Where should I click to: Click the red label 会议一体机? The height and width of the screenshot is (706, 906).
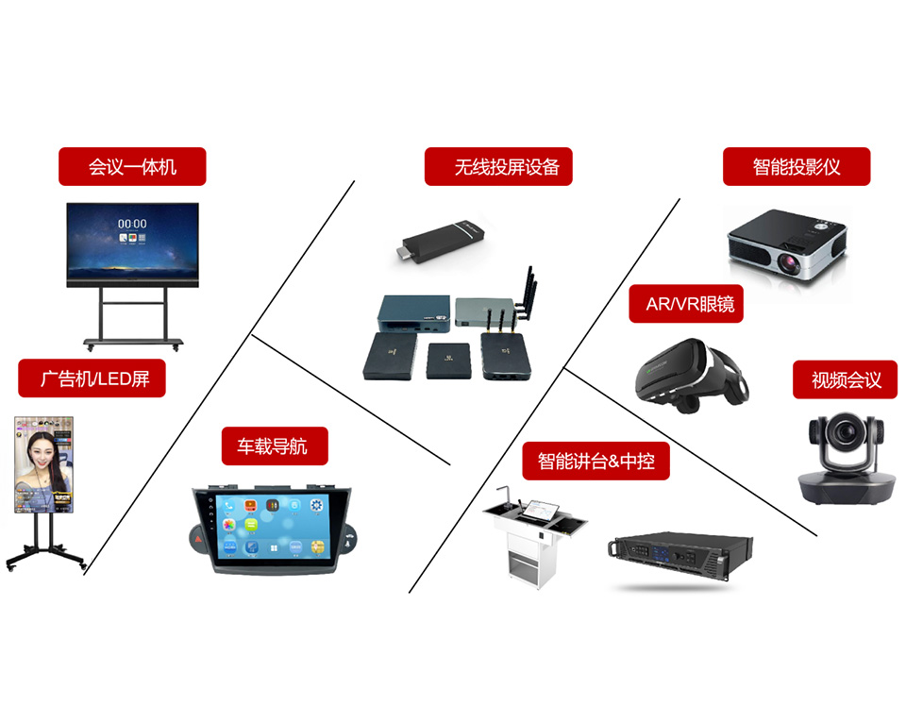132,167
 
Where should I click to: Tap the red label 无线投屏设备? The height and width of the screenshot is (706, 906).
499,167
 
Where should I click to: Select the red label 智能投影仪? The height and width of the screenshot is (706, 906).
797,167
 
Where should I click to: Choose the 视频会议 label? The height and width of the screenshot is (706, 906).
846,379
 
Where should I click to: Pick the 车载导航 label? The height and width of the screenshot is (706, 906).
275,445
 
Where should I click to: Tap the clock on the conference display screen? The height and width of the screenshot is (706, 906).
132,224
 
